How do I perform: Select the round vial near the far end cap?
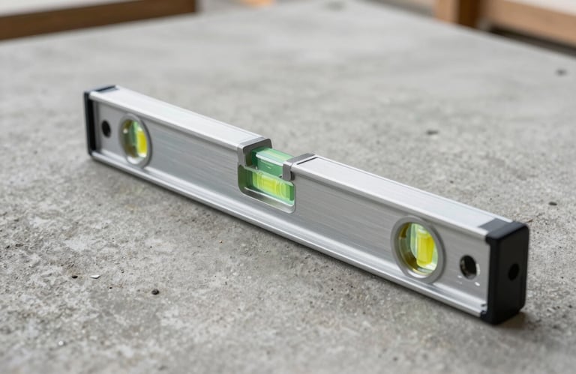click(x=135, y=139)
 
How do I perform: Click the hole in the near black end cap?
click(x=513, y=271)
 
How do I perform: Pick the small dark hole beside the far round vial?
click(x=106, y=128)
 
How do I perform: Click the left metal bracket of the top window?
click(x=253, y=148)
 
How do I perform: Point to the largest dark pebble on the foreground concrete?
click(x=154, y=292)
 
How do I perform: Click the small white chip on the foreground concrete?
click(x=95, y=276)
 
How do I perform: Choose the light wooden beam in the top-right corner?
click(x=525, y=19)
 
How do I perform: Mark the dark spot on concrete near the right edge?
click(x=561, y=72)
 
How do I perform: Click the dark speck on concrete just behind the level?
click(x=432, y=132)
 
